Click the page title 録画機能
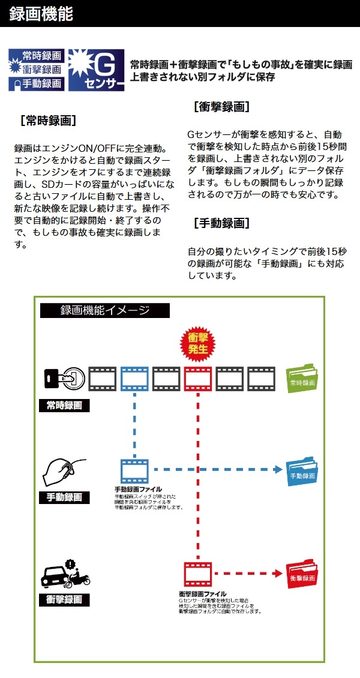coord(41,14)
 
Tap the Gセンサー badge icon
coord(96,70)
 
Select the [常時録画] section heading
coord(48,120)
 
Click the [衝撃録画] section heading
coord(221,107)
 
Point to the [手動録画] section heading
coord(221,223)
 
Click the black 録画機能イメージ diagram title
coord(105,310)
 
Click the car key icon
coord(64,379)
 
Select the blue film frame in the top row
coord(134,379)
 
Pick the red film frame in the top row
coord(197,379)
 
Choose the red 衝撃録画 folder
coord(302,574)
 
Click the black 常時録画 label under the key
coord(64,406)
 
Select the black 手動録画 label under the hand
coord(64,497)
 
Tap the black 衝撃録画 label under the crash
coord(64,599)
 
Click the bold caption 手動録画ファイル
coord(138,490)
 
